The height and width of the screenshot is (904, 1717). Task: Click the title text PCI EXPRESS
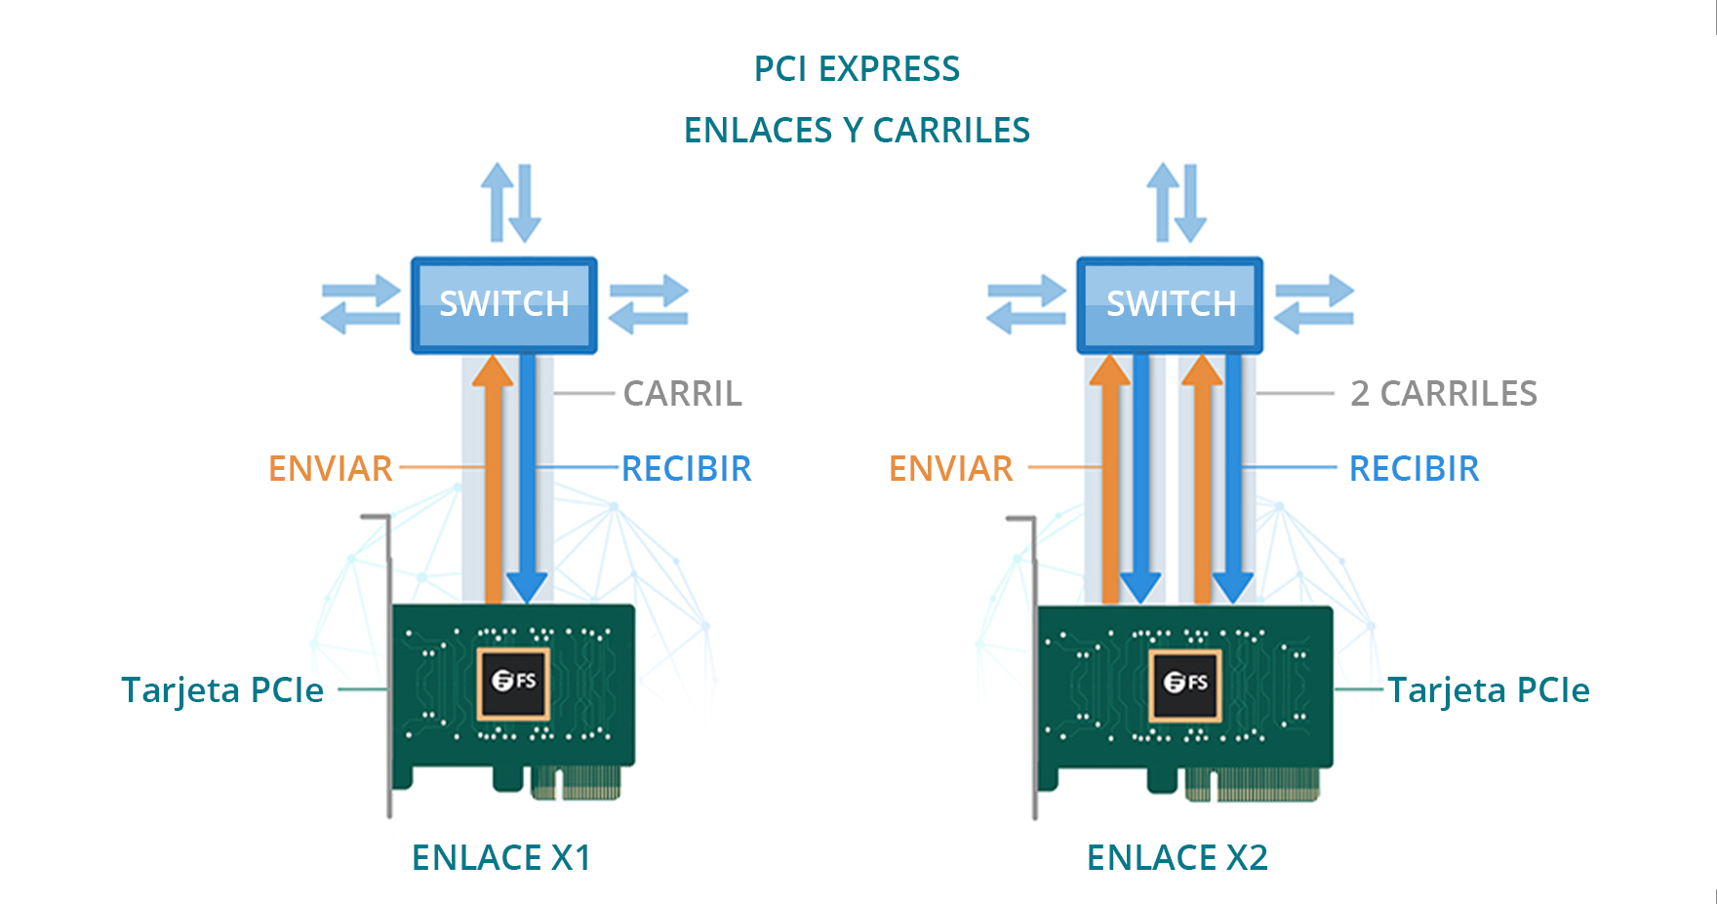[x=857, y=69]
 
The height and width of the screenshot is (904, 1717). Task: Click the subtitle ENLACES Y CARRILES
[x=857, y=131]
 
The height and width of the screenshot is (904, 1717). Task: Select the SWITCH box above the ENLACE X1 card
[x=503, y=304]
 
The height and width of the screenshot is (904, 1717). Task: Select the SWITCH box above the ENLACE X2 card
[x=1170, y=304]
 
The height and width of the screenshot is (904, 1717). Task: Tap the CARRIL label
[x=682, y=394]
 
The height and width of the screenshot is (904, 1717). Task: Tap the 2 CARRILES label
[x=1443, y=394]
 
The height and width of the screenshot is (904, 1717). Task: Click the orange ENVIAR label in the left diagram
[x=331, y=469]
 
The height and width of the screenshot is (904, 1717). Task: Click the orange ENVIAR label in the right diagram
[x=951, y=469]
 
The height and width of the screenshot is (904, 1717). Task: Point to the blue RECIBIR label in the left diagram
[x=686, y=469]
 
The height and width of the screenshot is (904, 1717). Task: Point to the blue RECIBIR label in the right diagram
[x=1414, y=469]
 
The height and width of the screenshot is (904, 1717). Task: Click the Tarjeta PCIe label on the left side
[x=222, y=690]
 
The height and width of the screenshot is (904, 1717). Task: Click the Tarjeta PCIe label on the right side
[x=1489, y=690]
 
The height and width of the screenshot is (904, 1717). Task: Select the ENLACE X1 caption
[x=501, y=858]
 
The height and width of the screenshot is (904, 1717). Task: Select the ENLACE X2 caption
[x=1178, y=858]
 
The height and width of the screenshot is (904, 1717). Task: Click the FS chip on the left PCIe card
[x=513, y=682]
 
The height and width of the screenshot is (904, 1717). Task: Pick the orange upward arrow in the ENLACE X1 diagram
[x=493, y=478]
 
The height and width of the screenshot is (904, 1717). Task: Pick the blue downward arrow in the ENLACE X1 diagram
[x=528, y=478]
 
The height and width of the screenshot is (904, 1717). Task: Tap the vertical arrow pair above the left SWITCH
[x=511, y=203]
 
